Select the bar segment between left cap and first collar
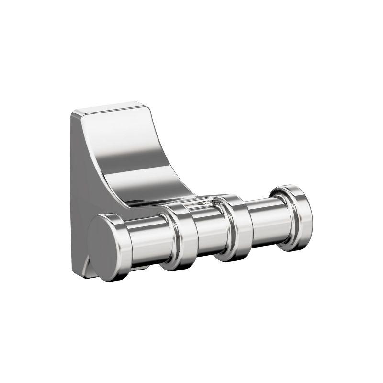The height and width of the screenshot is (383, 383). pyautogui.click(x=144, y=239)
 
